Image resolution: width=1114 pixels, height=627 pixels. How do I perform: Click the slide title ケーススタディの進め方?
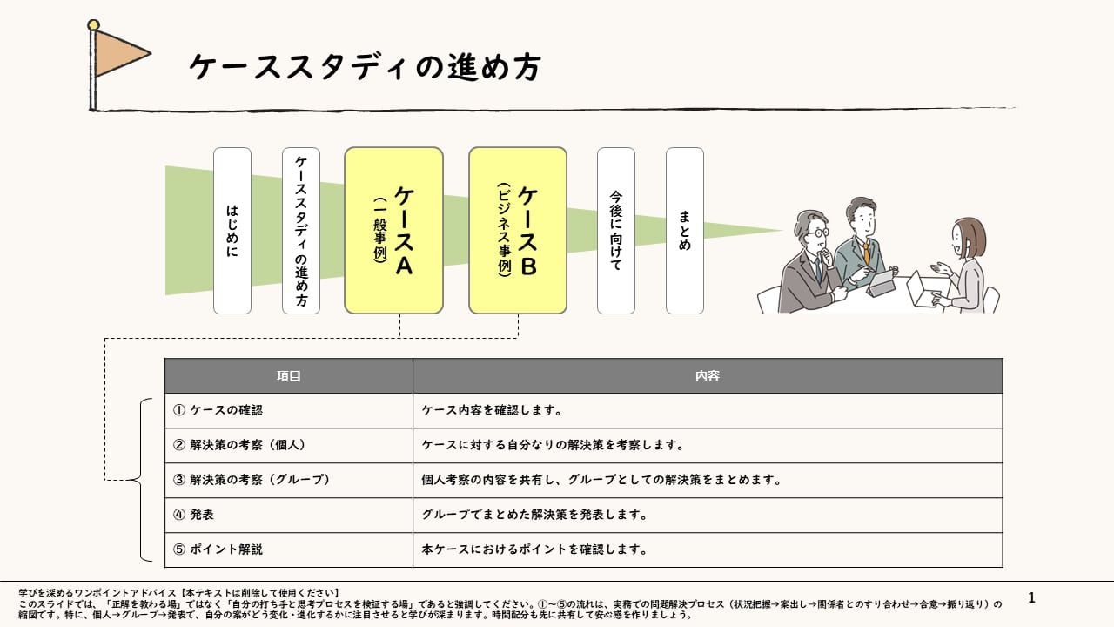click(x=365, y=67)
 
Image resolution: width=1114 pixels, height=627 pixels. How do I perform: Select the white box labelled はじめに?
click(x=232, y=231)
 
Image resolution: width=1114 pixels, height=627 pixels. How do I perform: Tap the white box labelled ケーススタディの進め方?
click(x=301, y=231)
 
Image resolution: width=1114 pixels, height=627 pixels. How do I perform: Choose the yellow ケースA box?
click(x=393, y=231)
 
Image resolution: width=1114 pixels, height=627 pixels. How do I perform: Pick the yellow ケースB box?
click(x=518, y=231)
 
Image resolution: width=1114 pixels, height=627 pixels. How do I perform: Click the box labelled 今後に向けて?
click(x=616, y=231)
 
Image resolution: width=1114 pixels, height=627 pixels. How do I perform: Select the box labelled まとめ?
click(x=685, y=231)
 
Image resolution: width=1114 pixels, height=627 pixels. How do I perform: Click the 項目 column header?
click(x=289, y=376)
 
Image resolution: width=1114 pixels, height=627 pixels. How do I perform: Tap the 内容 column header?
click(x=708, y=376)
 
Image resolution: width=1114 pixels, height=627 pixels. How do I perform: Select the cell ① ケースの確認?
click(x=289, y=410)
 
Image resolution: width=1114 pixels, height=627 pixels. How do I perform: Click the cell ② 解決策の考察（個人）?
click(x=289, y=445)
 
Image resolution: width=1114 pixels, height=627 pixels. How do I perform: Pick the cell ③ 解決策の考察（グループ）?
click(x=289, y=480)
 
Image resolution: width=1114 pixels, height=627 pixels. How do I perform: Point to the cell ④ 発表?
click(x=289, y=515)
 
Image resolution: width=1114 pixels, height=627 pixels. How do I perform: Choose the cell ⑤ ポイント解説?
click(x=289, y=549)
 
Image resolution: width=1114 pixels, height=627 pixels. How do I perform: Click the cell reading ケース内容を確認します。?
click(x=708, y=410)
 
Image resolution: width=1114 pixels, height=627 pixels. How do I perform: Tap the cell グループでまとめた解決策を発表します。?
click(x=708, y=515)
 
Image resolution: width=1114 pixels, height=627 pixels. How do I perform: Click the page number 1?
click(x=1032, y=597)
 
